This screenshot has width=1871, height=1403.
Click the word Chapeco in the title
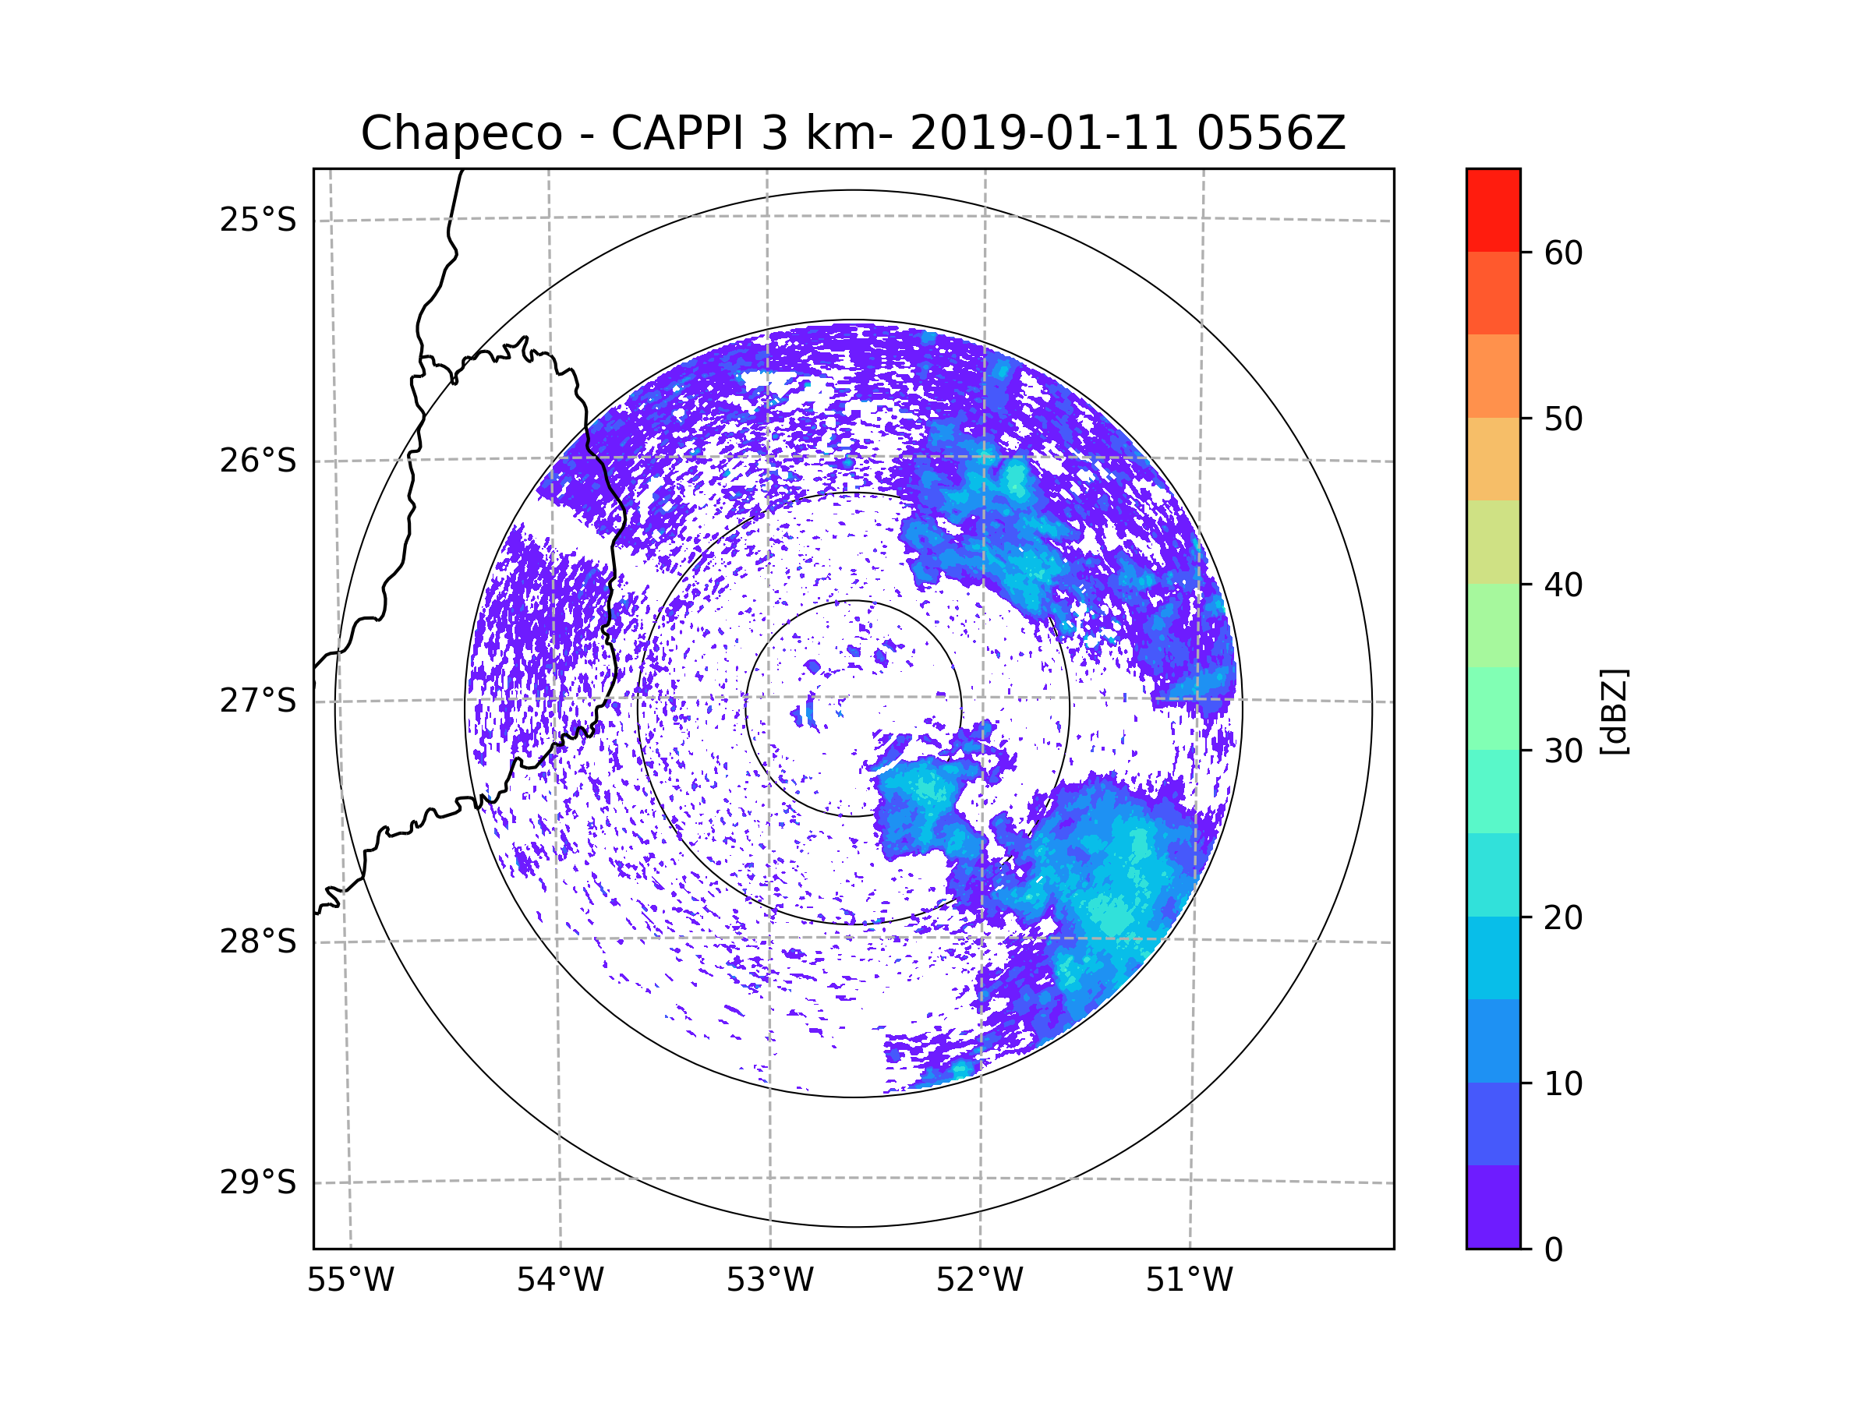(461, 133)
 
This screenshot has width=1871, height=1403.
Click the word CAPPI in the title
(678, 133)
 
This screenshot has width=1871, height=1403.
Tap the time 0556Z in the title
(1271, 133)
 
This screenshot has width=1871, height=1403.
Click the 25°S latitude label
(258, 220)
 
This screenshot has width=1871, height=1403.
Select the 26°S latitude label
(258, 461)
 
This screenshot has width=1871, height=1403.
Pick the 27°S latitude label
(258, 701)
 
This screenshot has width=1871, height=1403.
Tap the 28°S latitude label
(258, 942)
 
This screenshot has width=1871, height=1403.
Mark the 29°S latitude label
(258, 1182)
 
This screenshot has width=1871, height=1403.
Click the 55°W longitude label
(350, 1281)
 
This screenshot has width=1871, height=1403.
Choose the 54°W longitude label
(560, 1281)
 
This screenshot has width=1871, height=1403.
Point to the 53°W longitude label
(769, 1281)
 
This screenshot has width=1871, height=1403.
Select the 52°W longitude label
(979, 1281)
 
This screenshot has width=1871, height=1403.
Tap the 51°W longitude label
(1189, 1281)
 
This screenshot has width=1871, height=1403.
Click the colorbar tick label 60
(1563, 253)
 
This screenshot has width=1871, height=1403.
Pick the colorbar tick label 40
(1563, 585)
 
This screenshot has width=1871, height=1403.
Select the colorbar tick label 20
(1563, 917)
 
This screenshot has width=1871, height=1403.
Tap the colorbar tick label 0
(1554, 1250)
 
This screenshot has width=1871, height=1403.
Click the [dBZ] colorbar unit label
(1614, 711)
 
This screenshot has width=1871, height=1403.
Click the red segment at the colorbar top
(1493, 210)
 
